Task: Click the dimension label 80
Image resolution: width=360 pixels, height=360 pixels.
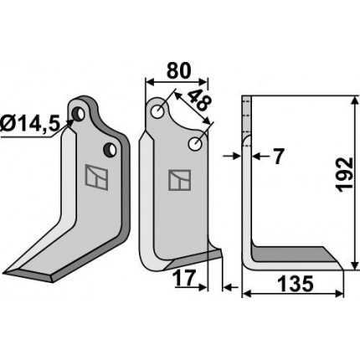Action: tap(178, 71)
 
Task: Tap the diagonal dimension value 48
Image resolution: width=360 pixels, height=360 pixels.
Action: tap(199, 101)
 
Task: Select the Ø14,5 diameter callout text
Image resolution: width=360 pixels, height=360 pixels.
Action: tap(30, 125)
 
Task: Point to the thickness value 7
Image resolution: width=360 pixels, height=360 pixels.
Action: tap(278, 157)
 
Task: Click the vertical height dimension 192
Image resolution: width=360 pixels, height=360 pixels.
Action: tap(344, 175)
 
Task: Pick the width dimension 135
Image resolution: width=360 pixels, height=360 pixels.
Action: tap(296, 285)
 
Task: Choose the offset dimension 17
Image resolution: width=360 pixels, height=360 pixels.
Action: tap(183, 278)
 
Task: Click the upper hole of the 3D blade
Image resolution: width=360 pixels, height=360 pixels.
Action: tap(79, 114)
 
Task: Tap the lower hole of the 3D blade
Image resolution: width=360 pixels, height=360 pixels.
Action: tap(111, 150)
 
